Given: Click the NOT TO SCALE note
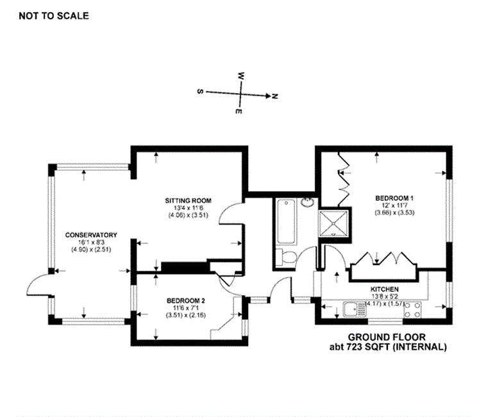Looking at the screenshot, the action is pyautogui.click(x=54, y=16).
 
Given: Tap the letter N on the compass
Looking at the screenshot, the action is pyautogui.click(x=274, y=96).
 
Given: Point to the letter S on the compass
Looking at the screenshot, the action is pyautogui.click(x=200, y=92).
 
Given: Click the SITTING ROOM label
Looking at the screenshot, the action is pyautogui.click(x=188, y=201).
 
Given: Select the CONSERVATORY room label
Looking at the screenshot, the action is pyautogui.click(x=91, y=235).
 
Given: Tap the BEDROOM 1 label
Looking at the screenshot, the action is pyautogui.click(x=394, y=198).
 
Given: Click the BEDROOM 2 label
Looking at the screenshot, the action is pyautogui.click(x=186, y=301).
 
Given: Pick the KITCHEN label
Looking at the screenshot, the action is pyautogui.click(x=385, y=289).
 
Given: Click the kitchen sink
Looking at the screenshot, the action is pyautogui.click(x=355, y=309).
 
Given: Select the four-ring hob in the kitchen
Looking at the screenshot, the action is pyautogui.click(x=412, y=310).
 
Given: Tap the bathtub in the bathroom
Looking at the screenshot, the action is pyautogui.click(x=286, y=222).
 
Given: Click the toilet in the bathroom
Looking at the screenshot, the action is pyautogui.click(x=287, y=257).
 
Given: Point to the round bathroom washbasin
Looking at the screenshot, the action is pyautogui.click(x=307, y=203).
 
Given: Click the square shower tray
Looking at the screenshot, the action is pyautogui.click(x=334, y=223).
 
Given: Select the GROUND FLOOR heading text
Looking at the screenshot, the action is pyautogui.click(x=387, y=337).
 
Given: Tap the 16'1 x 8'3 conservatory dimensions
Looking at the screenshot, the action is pyautogui.click(x=91, y=243).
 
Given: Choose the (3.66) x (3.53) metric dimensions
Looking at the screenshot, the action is pyautogui.click(x=394, y=213).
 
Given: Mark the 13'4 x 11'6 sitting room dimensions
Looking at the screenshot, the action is pyautogui.click(x=188, y=208).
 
